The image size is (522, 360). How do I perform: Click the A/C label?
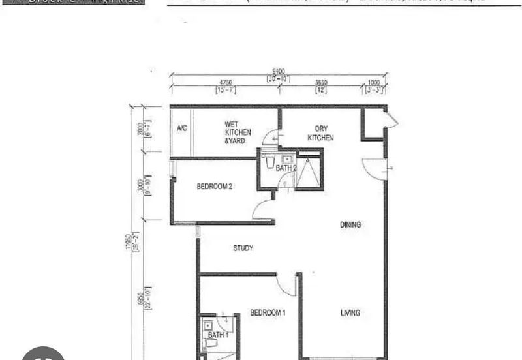[182, 128]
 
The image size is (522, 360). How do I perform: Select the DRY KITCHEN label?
[320, 133]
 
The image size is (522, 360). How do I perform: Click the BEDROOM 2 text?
[215, 186]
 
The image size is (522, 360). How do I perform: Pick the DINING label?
[350, 224]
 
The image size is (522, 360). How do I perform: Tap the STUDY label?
[243, 248]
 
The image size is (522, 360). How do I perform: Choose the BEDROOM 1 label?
[268, 313]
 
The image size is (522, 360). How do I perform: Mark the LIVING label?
[350, 313]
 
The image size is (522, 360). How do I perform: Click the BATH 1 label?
[218, 334]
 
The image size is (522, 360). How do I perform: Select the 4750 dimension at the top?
[226, 83]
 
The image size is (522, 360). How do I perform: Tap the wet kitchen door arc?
[271, 138]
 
